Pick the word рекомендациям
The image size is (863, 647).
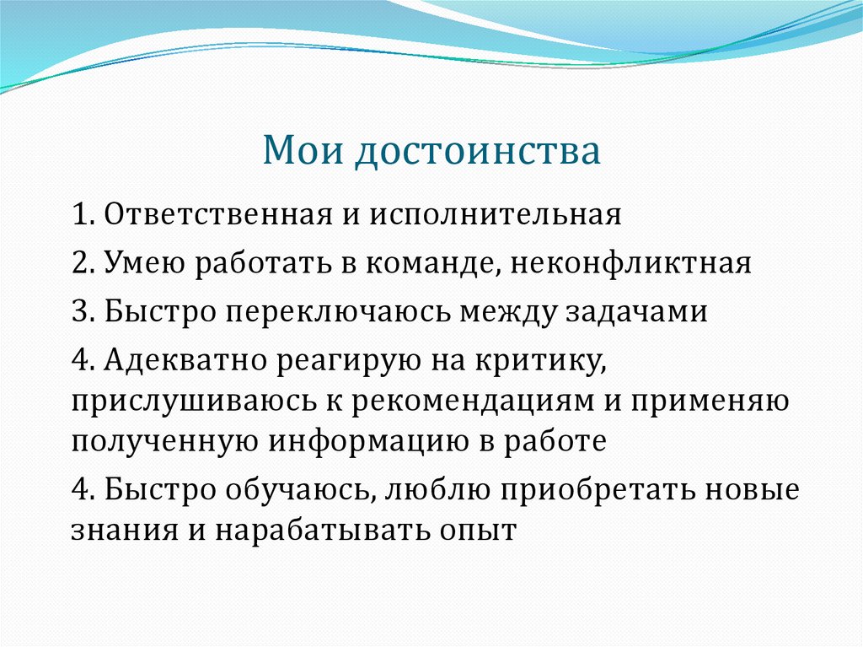tap(443, 401)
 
